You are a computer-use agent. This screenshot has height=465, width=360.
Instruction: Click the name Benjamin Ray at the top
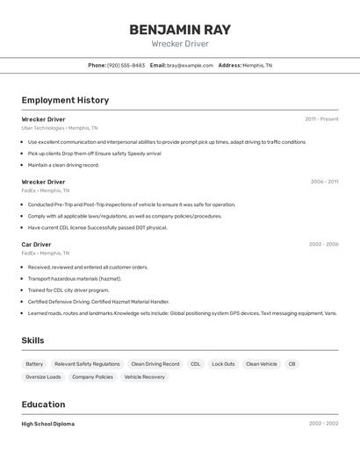click(x=180, y=30)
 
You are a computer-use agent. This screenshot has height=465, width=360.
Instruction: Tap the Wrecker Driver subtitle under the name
click(x=180, y=44)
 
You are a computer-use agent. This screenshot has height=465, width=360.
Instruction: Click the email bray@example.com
click(x=190, y=65)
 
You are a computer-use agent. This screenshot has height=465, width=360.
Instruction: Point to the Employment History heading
click(x=65, y=100)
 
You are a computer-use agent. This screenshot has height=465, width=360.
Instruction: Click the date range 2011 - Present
click(x=321, y=118)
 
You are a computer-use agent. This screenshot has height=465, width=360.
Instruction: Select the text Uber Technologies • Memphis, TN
click(x=60, y=127)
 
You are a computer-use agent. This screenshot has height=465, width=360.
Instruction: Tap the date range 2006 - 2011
click(x=324, y=182)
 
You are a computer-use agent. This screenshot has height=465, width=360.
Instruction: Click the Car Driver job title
click(x=36, y=244)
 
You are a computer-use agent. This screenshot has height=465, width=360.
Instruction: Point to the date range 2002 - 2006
click(x=323, y=244)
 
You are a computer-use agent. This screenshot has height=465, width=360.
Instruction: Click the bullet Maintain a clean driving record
click(x=63, y=165)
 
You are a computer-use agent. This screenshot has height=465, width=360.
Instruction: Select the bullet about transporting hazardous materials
click(x=75, y=278)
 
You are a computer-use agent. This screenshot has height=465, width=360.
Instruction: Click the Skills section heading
click(x=32, y=340)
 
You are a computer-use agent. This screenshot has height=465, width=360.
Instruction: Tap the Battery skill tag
click(x=34, y=363)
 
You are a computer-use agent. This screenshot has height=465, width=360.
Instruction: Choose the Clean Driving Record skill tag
click(x=155, y=363)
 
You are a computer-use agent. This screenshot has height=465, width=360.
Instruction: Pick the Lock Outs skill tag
click(x=223, y=363)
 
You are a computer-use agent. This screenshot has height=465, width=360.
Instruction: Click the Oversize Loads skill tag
click(x=43, y=376)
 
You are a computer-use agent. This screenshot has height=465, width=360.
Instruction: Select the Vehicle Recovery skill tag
click(x=144, y=376)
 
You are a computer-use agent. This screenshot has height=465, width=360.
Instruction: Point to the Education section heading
click(x=43, y=404)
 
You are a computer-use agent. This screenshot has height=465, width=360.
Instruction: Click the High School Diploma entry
click(x=48, y=424)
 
